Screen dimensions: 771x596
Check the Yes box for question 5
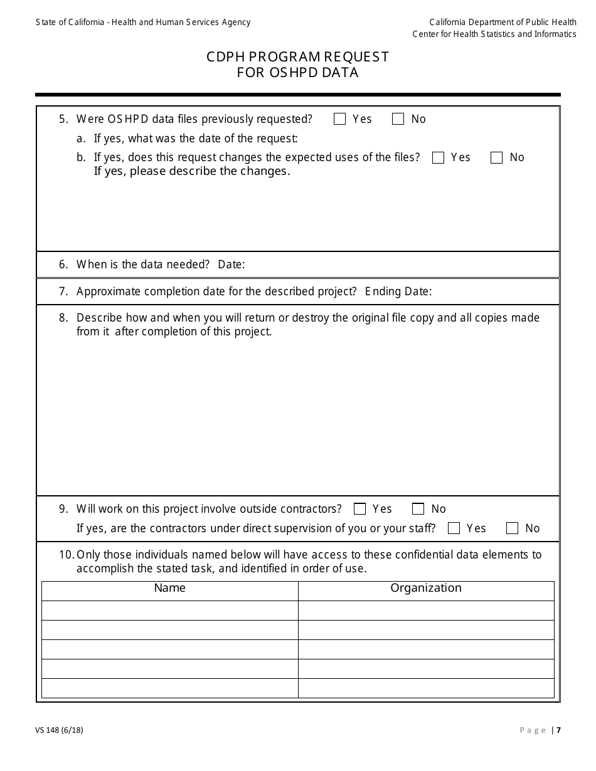point(339,119)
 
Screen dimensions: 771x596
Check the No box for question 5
point(398,119)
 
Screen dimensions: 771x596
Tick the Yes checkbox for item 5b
point(438,157)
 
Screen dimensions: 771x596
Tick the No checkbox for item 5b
point(496,157)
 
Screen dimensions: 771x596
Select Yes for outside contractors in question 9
point(359,509)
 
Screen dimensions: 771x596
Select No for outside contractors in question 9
point(418,509)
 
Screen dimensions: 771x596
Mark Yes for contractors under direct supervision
point(454,528)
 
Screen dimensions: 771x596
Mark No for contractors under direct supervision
point(512,528)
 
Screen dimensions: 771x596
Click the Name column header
point(169,588)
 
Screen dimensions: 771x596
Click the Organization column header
point(426,588)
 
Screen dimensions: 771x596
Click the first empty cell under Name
point(169,610)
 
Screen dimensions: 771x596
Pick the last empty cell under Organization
point(426,688)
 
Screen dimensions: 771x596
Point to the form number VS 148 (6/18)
point(60,730)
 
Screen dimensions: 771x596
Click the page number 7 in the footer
point(558,730)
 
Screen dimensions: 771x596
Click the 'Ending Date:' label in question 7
point(398,291)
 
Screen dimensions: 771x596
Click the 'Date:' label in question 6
point(231,265)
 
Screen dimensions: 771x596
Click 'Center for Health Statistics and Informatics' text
point(494,34)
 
